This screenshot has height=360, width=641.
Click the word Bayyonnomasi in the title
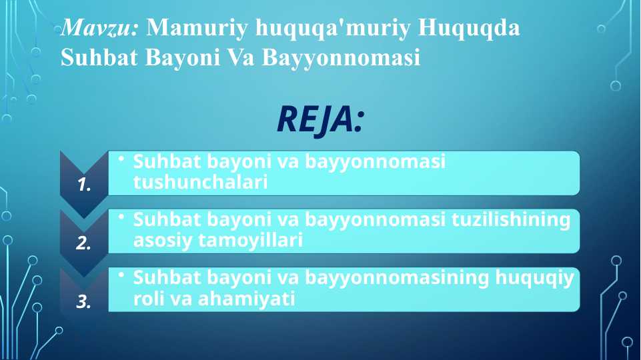[342, 59]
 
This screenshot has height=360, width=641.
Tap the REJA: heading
[320, 120]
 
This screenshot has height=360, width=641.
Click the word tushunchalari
[200, 182]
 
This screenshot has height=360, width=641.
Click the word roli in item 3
[145, 299]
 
